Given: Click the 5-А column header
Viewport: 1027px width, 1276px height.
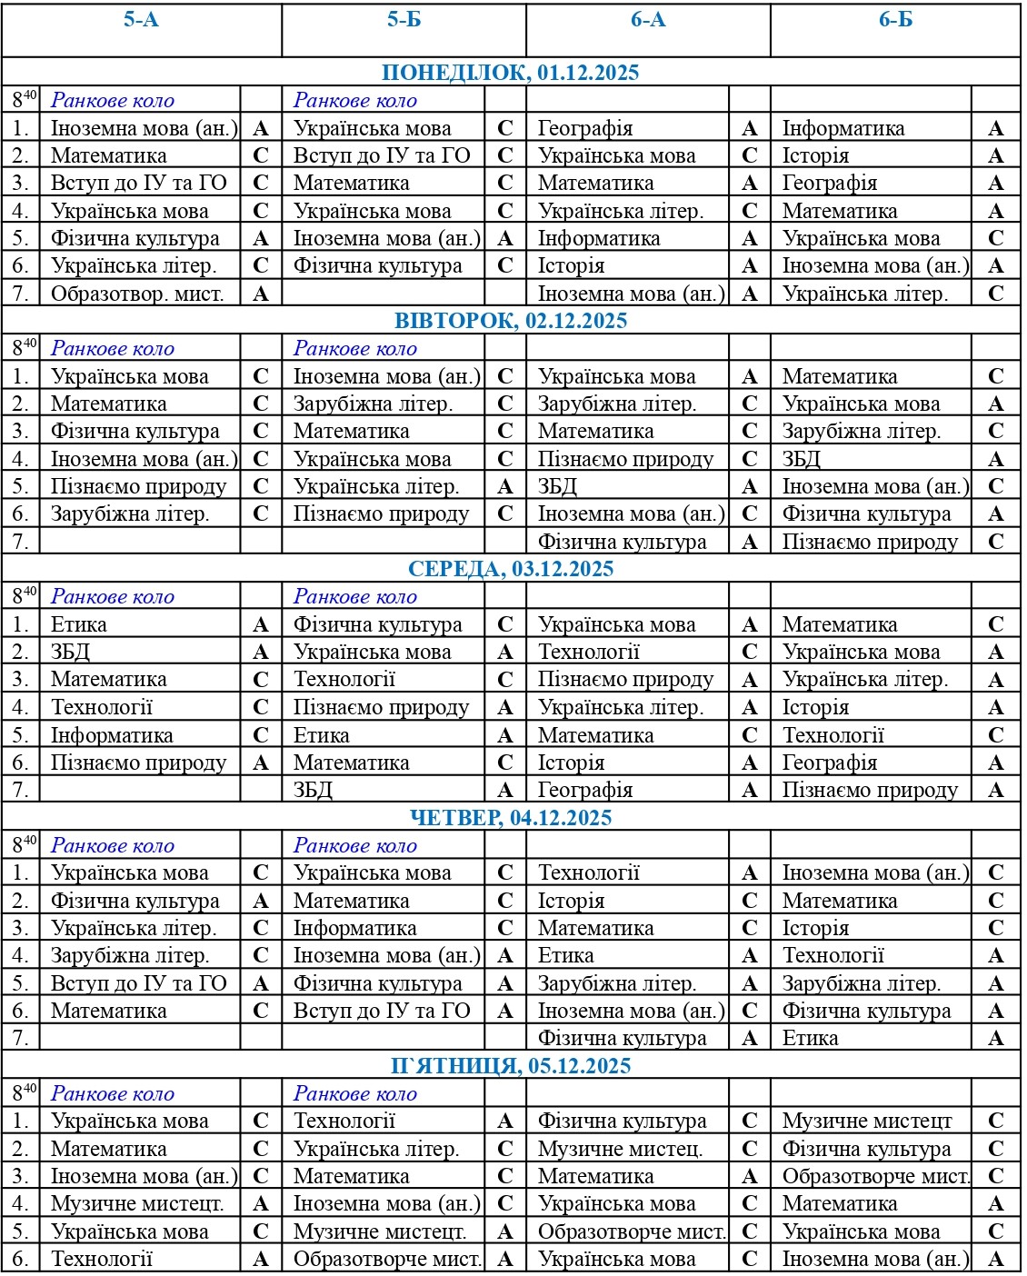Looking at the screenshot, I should (x=141, y=20).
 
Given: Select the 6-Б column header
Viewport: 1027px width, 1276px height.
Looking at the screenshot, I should (x=895, y=20).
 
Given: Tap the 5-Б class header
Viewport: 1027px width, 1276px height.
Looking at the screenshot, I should (x=404, y=20).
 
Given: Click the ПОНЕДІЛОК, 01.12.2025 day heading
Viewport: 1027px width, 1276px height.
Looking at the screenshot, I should (x=511, y=73).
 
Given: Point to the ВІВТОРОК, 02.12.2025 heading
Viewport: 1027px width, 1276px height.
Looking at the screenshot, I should (x=511, y=321).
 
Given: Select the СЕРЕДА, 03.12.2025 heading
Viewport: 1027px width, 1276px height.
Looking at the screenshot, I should (x=511, y=569).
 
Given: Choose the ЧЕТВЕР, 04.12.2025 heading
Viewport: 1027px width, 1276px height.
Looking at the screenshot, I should (x=511, y=818).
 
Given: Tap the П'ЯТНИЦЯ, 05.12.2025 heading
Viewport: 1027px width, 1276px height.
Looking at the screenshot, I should (x=511, y=1066).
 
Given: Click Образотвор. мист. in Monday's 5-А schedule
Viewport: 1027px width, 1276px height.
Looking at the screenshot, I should (x=137, y=294).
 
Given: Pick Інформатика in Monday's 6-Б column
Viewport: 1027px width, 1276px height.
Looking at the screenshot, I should (x=843, y=129).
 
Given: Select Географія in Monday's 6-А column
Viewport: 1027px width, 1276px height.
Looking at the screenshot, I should (x=585, y=129).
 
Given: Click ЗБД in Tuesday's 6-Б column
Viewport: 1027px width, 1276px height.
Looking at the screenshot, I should (x=802, y=459).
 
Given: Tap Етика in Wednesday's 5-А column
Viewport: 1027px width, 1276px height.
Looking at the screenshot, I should (x=79, y=625).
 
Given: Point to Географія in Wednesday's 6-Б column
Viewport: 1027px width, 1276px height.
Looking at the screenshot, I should (x=830, y=763).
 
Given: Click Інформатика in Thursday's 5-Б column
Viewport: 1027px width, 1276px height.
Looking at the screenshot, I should (x=354, y=928).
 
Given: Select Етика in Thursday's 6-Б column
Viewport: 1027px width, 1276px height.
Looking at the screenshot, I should (x=811, y=1038).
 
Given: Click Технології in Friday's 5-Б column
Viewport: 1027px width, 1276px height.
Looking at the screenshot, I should (x=344, y=1121).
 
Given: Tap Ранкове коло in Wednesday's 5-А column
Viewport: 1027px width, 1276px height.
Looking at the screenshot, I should (x=113, y=597).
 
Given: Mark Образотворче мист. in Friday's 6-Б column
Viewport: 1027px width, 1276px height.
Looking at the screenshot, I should (x=876, y=1176).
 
